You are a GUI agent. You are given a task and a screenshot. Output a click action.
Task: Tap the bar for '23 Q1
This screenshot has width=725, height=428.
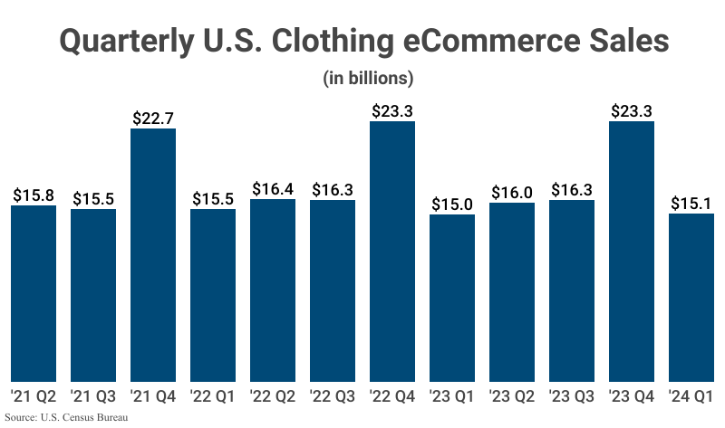[452, 298]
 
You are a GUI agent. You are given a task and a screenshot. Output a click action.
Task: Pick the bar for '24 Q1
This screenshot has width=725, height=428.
[691, 298]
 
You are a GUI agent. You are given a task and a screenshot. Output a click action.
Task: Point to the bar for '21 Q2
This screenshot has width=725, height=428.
[34, 293]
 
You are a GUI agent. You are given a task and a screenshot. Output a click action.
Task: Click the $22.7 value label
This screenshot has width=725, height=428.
[153, 118]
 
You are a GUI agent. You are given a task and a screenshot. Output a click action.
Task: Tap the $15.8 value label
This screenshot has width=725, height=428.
[34, 195]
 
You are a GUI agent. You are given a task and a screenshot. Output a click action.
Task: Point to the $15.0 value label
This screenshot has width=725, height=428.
[452, 204]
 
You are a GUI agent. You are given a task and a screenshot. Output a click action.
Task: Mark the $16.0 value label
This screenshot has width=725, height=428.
[512, 192]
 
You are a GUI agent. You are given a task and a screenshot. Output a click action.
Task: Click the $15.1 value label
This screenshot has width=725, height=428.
[691, 203]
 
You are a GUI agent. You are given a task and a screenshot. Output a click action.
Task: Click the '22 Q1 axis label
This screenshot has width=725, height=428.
[213, 395]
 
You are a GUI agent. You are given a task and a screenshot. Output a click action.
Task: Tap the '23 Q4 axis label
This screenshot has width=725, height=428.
[632, 395]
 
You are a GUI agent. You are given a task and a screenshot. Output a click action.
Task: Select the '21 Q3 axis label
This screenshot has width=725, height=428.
[93, 395]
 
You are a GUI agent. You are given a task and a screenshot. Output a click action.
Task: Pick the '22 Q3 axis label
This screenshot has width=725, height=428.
[333, 395]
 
